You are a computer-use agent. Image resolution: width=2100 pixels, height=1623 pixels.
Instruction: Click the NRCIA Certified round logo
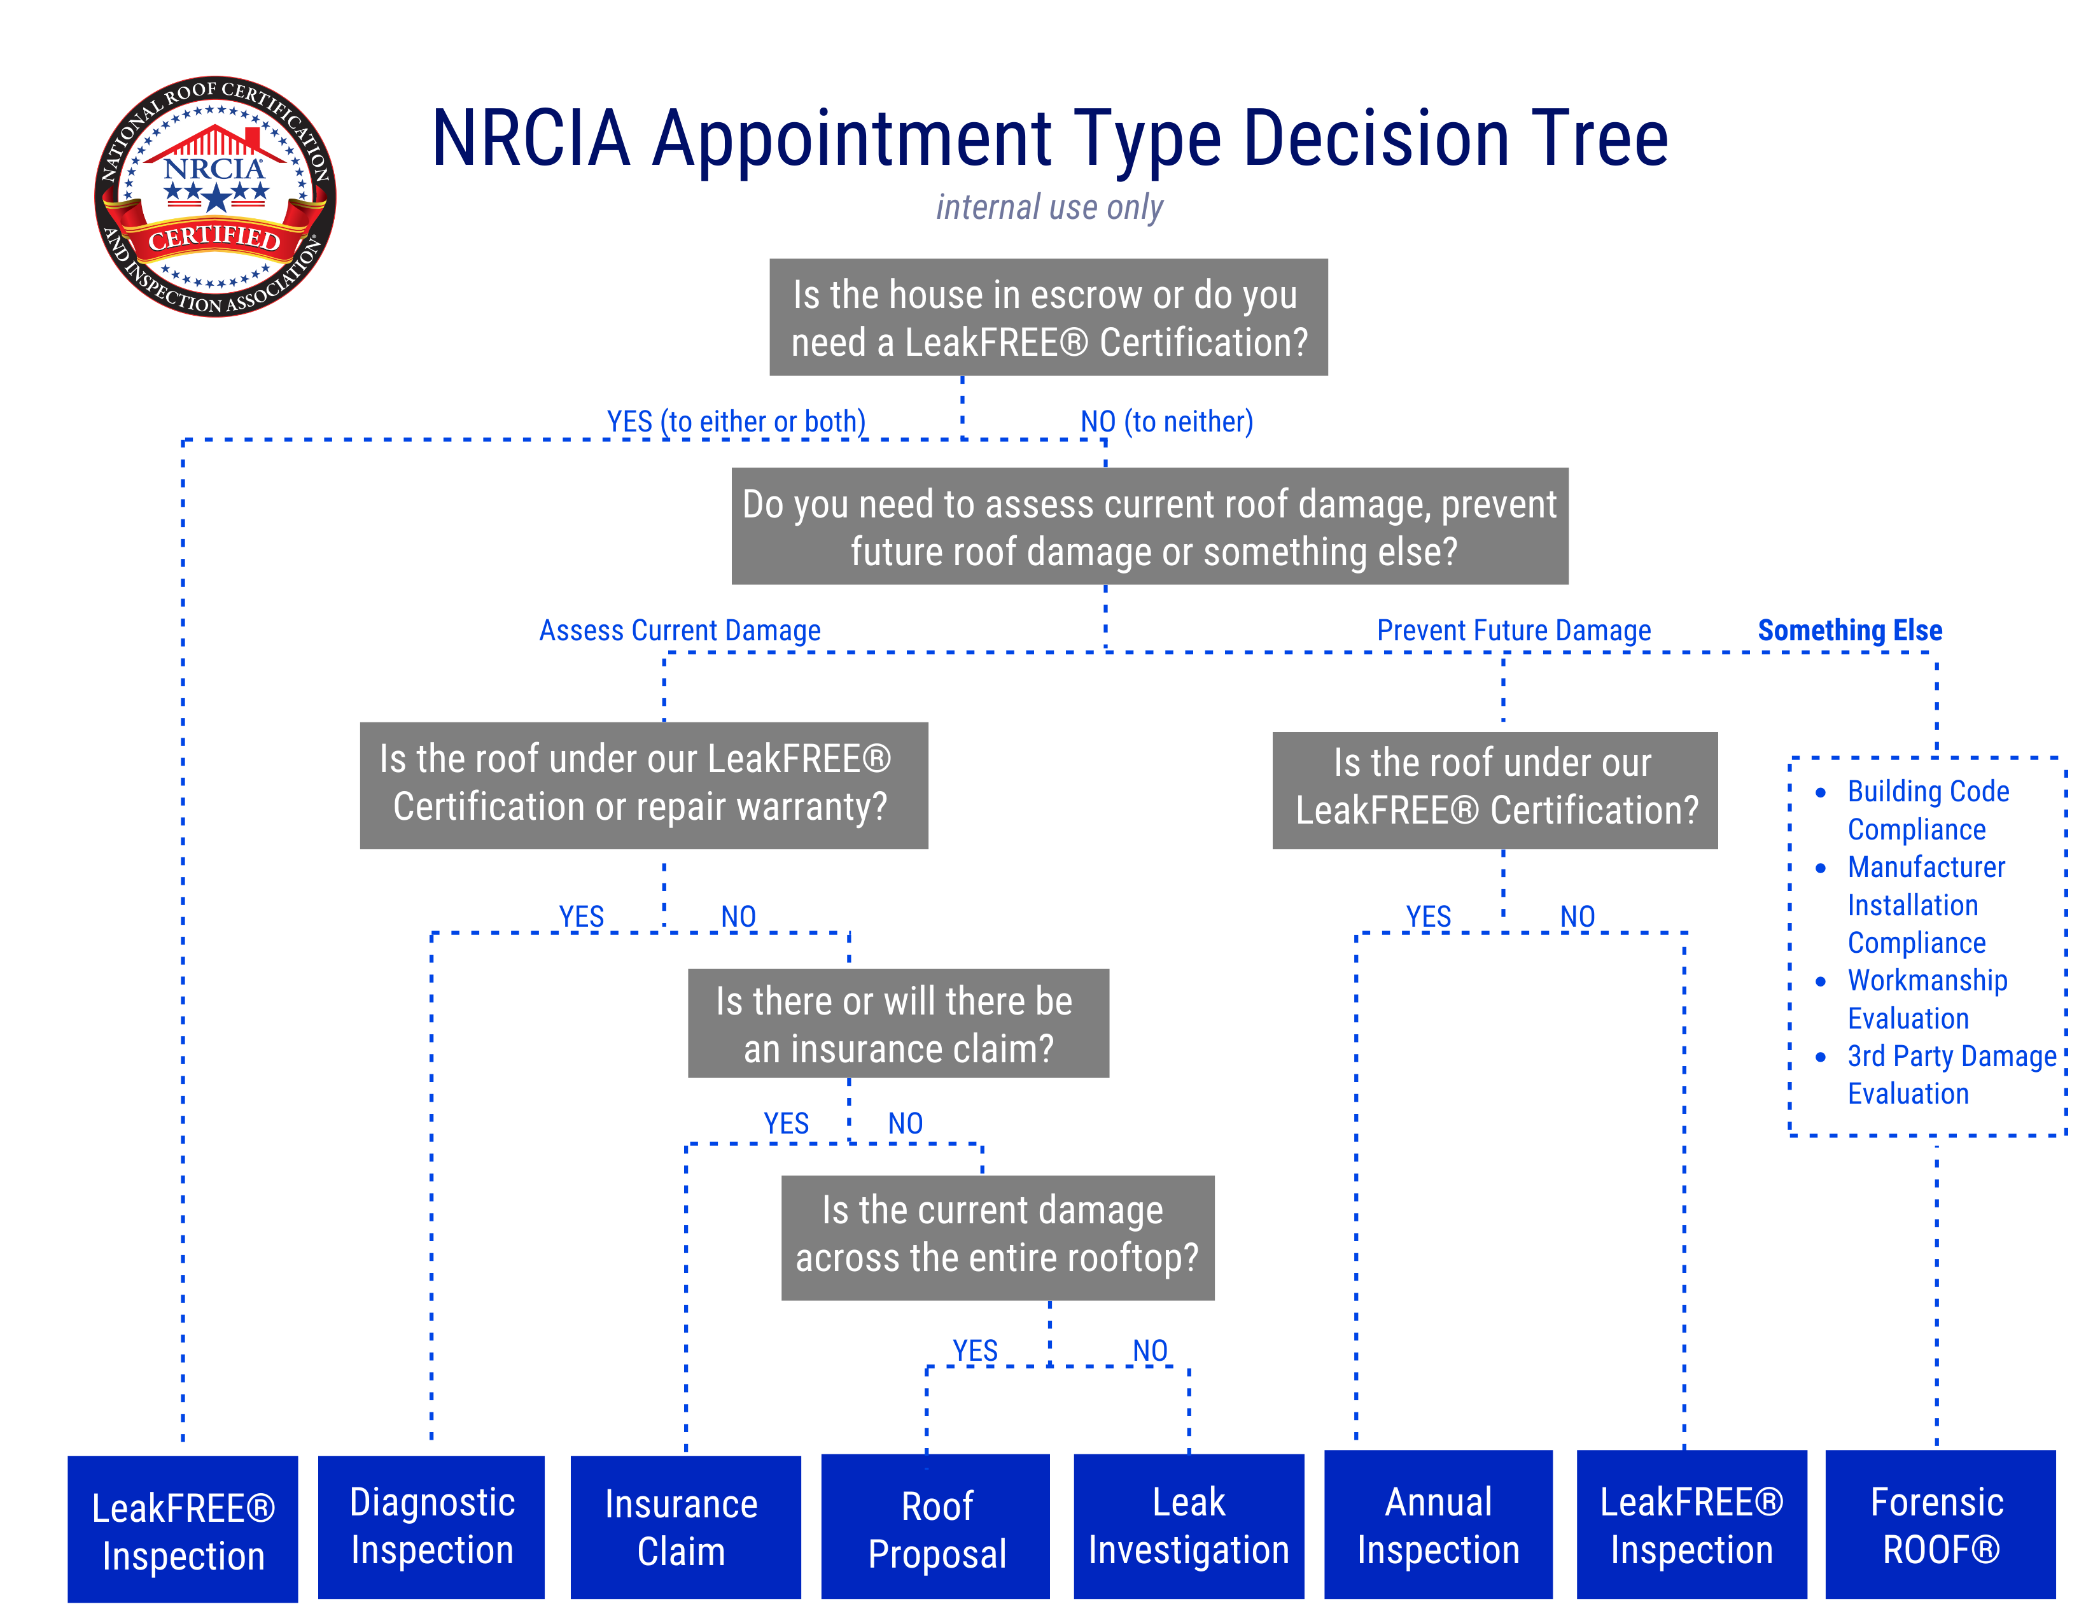pyautogui.click(x=214, y=196)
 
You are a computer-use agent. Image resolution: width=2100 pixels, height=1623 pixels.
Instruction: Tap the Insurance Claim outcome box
pyautogui.click(x=685, y=1527)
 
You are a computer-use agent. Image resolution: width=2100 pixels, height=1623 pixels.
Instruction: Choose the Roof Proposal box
pyautogui.click(x=935, y=1527)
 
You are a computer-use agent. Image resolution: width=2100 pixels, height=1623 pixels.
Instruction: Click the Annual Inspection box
pyautogui.click(x=1438, y=1525)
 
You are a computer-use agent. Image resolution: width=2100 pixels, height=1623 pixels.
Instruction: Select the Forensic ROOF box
pyautogui.click(x=1940, y=1525)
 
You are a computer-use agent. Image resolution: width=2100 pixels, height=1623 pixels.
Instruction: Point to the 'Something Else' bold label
pyautogui.click(x=1849, y=631)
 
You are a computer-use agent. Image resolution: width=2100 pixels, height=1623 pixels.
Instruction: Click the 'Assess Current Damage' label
pyautogui.click(x=680, y=631)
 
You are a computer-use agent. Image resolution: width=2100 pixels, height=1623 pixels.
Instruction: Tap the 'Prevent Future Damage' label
pyautogui.click(x=1513, y=631)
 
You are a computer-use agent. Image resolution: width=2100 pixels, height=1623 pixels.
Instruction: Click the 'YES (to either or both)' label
pyautogui.click(x=736, y=421)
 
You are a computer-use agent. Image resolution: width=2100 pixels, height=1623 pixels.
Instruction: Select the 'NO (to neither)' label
pyautogui.click(x=1166, y=421)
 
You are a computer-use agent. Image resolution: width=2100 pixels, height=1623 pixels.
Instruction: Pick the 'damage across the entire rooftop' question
pyautogui.click(x=997, y=1237)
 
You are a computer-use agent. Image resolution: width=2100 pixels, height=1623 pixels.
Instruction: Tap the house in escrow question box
pyautogui.click(x=1048, y=318)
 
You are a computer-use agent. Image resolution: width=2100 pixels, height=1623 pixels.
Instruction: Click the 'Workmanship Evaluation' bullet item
pyautogui.click(x=1926, y=999)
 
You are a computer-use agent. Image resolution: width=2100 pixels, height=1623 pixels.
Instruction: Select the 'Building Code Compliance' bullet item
pyautogui.click(x=1927, y=810)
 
